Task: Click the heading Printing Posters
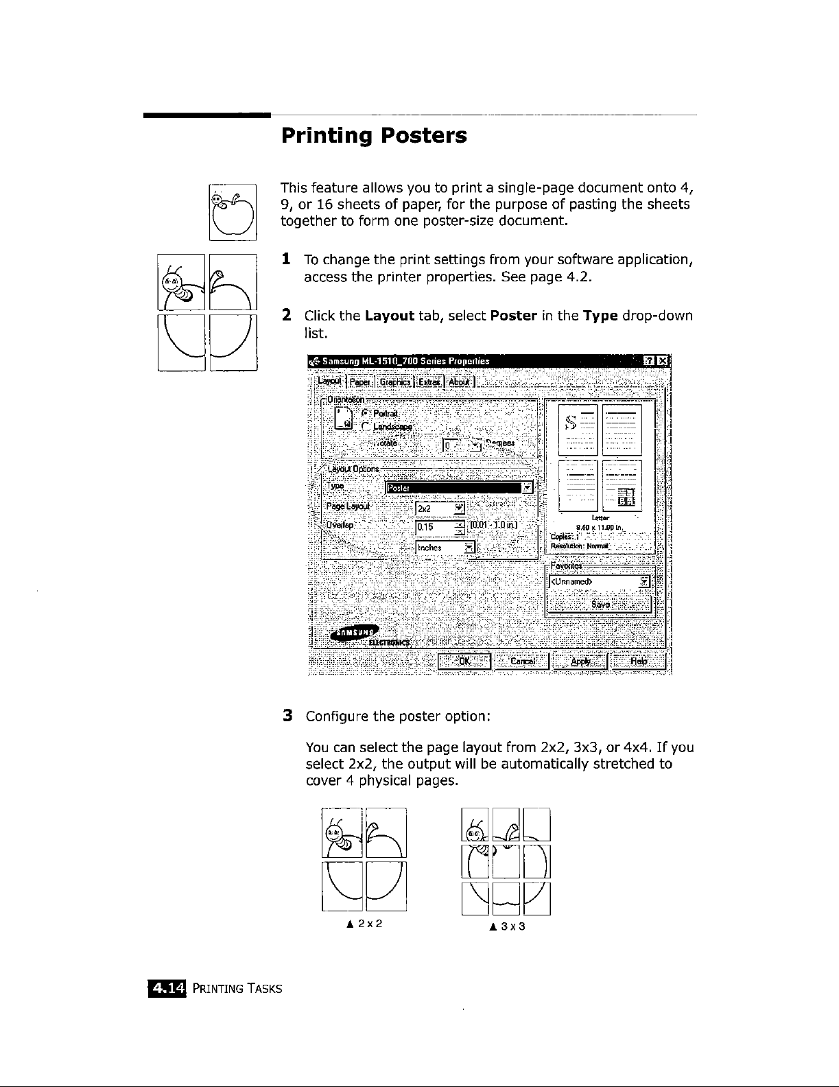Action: coord(374,135)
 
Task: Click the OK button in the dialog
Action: coord(464,661)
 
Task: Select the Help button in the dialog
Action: coord(639,661)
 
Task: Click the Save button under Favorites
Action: coord(600,604)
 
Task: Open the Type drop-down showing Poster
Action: coord(460,487)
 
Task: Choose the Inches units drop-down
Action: coord(445,548)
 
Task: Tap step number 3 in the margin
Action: coord(289,716)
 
